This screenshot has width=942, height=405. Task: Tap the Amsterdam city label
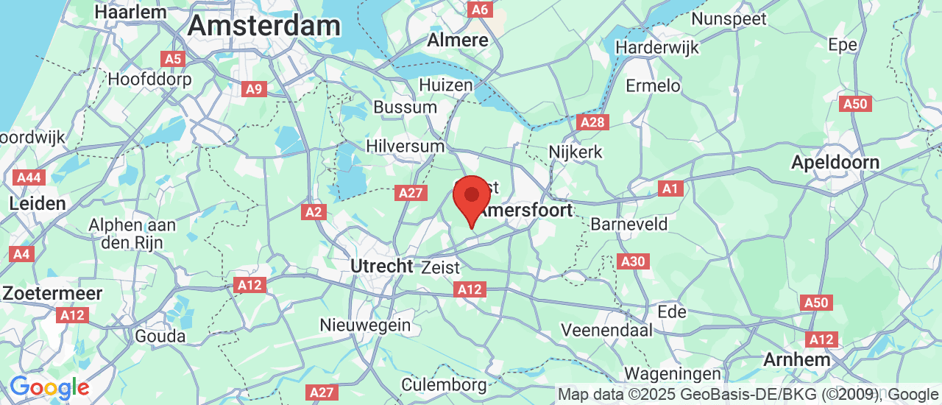(263, 27)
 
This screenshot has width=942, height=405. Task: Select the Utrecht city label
(382, 266)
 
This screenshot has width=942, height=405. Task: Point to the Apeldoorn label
(835, 163)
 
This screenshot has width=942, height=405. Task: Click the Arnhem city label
(797, 360)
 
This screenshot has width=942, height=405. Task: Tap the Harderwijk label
(657, 47)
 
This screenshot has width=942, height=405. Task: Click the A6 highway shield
(479, 9)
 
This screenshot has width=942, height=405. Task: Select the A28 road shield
(593, 122)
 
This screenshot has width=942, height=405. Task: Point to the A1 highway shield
(670, 189)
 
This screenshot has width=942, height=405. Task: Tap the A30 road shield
(633, 261)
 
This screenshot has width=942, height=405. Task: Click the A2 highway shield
(314, 212)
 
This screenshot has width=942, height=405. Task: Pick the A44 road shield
(28, 177)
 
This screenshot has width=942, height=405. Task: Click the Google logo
(49, 387)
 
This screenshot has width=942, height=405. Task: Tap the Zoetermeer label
(52, 293)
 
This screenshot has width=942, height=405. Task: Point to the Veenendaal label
(606, 329)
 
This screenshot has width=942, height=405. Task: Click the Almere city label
(458, 40)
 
